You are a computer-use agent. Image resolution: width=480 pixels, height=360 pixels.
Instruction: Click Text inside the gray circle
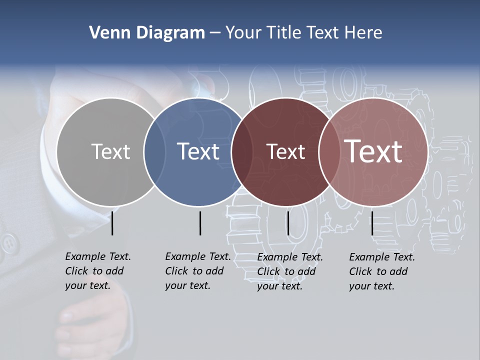click(110, 151)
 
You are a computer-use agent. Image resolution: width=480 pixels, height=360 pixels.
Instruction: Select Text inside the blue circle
click(198, 151)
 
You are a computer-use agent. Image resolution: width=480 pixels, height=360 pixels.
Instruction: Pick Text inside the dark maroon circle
click(285, 151)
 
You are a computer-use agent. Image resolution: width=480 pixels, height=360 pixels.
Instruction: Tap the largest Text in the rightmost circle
click(373, 151)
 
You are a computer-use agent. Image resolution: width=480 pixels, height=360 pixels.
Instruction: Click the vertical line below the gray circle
click(112, 223)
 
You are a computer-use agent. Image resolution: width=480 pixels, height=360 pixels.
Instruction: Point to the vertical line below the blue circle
click(200, 223)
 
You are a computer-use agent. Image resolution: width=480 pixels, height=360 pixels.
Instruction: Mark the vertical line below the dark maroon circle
click(288, 223)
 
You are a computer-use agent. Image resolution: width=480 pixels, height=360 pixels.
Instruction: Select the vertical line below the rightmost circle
click(372, 223)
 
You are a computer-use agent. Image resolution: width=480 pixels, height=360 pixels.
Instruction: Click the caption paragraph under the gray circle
click(97, 271)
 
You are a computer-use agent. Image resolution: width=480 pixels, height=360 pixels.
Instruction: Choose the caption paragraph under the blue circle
click(197, 271)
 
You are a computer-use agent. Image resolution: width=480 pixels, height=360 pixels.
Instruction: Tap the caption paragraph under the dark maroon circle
click(289, 271)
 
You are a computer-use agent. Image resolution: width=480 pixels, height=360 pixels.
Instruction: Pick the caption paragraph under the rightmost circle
click(381, 271)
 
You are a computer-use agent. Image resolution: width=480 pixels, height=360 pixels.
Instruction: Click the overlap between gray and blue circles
click(154, 151)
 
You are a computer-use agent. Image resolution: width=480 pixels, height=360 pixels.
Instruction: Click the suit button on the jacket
click(8, 243)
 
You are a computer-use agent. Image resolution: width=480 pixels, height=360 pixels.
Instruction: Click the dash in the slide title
click(215, 33)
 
